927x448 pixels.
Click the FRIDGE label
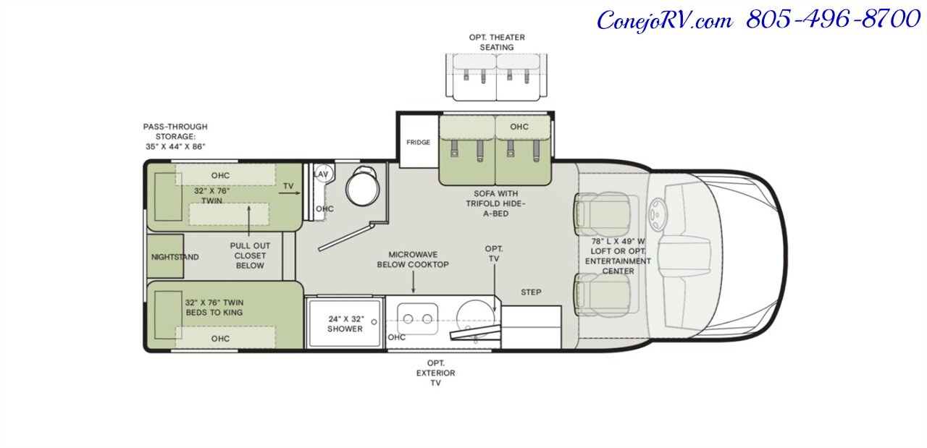(x=418, y=143)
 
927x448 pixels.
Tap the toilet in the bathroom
(x=363, y=186)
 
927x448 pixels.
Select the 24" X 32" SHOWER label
(x=345, y=324)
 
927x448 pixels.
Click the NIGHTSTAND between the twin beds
(x=165, y=256)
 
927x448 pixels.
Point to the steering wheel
(x=656, y=214)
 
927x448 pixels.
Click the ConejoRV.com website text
(x=665, y=21)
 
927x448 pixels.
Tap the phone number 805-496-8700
(x=833, y=20)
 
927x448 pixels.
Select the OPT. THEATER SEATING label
(x=497, y=42)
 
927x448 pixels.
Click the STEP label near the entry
(x=531, y=292)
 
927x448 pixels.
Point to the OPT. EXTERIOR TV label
(x=435, y=373)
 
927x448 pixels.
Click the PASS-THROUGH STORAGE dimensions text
(x=175, y=137)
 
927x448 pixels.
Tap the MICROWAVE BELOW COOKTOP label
(x=413, y=259)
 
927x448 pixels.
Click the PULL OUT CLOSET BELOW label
(x=250, y=255)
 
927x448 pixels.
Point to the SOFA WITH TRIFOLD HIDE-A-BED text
(x=495, y=203)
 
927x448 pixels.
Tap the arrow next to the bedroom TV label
(x=289, y=193)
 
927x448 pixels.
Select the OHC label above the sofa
(x=519, y=127)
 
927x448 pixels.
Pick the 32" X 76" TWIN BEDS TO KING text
(x=214, y=308)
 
